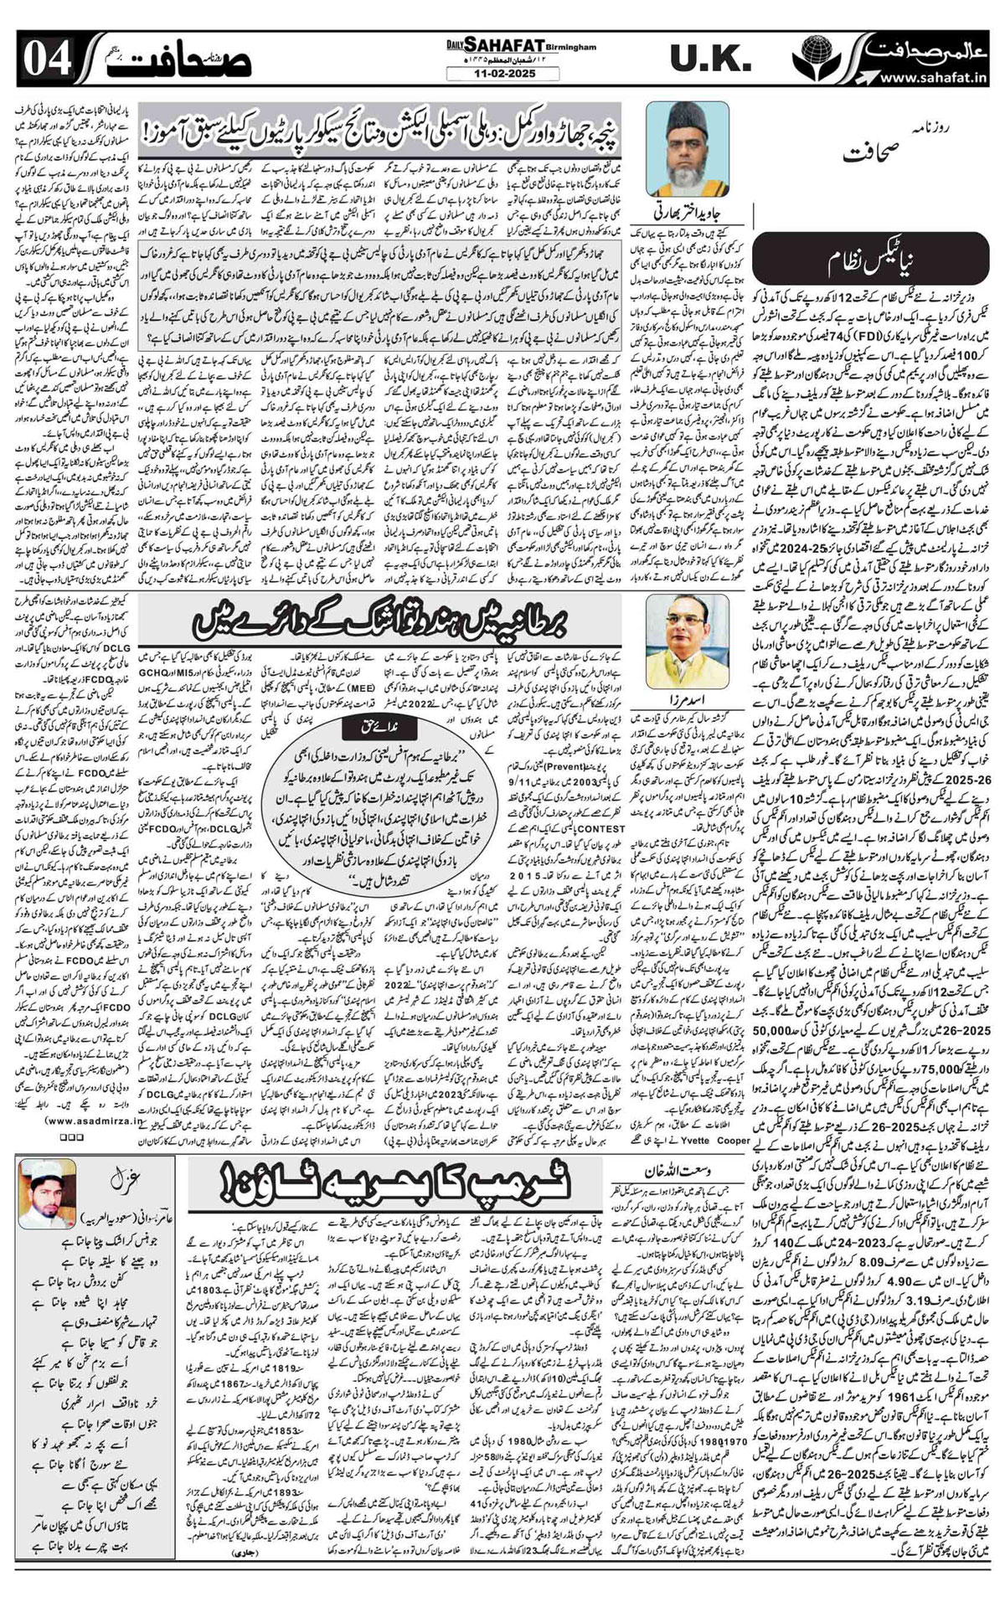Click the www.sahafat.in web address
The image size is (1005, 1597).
pyautogui.click(x=930, y=79)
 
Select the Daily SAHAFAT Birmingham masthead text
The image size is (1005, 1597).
pyautogui.click(x=513, y=49)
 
